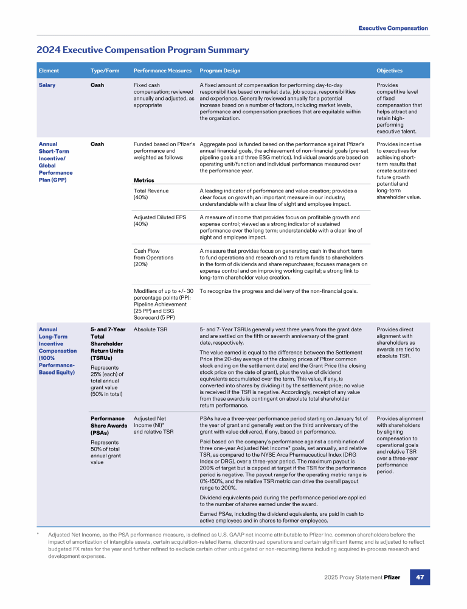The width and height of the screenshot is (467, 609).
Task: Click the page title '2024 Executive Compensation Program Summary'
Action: (143, 50)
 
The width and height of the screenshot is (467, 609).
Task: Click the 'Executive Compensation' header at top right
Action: (393, 28)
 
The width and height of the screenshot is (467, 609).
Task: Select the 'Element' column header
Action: (49, 71)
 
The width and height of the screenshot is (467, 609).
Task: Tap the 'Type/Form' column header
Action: (105, 71)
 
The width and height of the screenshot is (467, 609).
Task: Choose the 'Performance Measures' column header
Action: (162, 71)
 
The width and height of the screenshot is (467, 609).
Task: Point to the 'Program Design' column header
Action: (219, 71)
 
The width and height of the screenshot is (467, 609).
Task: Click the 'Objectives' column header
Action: (389, 71)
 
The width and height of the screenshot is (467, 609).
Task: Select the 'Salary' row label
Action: (47, 85)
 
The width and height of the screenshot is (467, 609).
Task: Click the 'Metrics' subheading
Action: (144, 180)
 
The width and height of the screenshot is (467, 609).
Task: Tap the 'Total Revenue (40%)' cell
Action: (151, 194)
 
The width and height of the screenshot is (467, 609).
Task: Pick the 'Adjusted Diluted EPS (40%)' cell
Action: (159, 221)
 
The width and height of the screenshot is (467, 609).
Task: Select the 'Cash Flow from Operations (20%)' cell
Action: (153, 258)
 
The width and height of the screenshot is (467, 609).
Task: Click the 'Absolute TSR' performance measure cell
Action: (150, 330)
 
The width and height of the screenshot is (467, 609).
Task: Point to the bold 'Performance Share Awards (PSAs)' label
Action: (107, 425)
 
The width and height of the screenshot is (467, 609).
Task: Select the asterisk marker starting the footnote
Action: (38, 533)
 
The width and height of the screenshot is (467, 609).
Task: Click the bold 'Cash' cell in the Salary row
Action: (97, 85)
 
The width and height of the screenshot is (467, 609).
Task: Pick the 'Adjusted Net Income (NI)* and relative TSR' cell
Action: (153, 425)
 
